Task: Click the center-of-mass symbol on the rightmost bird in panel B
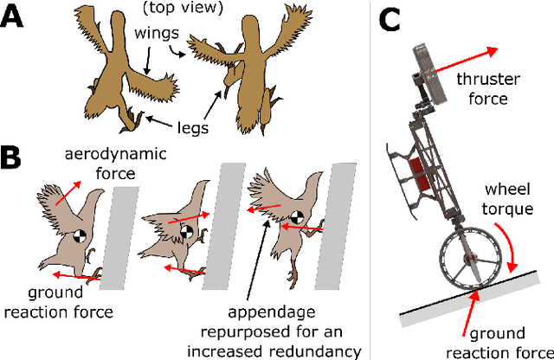(x=297, y=215)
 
